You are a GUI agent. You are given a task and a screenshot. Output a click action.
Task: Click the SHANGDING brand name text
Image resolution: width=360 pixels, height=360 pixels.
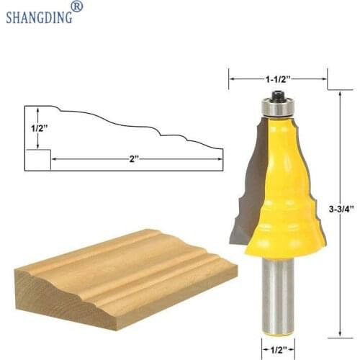tap(39, 16)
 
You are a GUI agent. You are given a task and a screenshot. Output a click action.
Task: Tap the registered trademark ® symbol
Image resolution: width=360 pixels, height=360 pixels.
tap(78, 6)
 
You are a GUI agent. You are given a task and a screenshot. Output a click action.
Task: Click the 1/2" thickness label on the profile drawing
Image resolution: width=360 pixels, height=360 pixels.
tap(37, 127)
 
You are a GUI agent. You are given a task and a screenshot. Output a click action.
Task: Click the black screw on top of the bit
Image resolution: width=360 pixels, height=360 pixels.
tap(277, 95)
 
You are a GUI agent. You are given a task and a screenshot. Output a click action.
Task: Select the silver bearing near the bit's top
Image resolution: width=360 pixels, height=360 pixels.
tap(277, 108)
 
